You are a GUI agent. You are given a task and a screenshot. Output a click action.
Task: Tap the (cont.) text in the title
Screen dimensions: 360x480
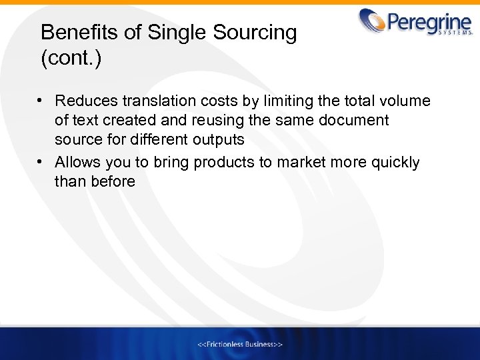coord(71,59)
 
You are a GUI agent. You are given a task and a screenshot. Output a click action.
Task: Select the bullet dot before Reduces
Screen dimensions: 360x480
coord(41,101)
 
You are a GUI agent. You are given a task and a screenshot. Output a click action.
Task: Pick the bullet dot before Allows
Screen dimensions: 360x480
coord(41,162)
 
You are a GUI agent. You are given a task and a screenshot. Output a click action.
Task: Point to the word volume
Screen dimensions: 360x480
coord(404,101)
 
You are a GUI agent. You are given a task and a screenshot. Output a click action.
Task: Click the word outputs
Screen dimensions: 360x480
coord(219,140)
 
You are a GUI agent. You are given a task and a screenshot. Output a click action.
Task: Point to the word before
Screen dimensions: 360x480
coord(113,181)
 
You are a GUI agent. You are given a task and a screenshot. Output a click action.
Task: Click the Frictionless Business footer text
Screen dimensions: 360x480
coord(240,344)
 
